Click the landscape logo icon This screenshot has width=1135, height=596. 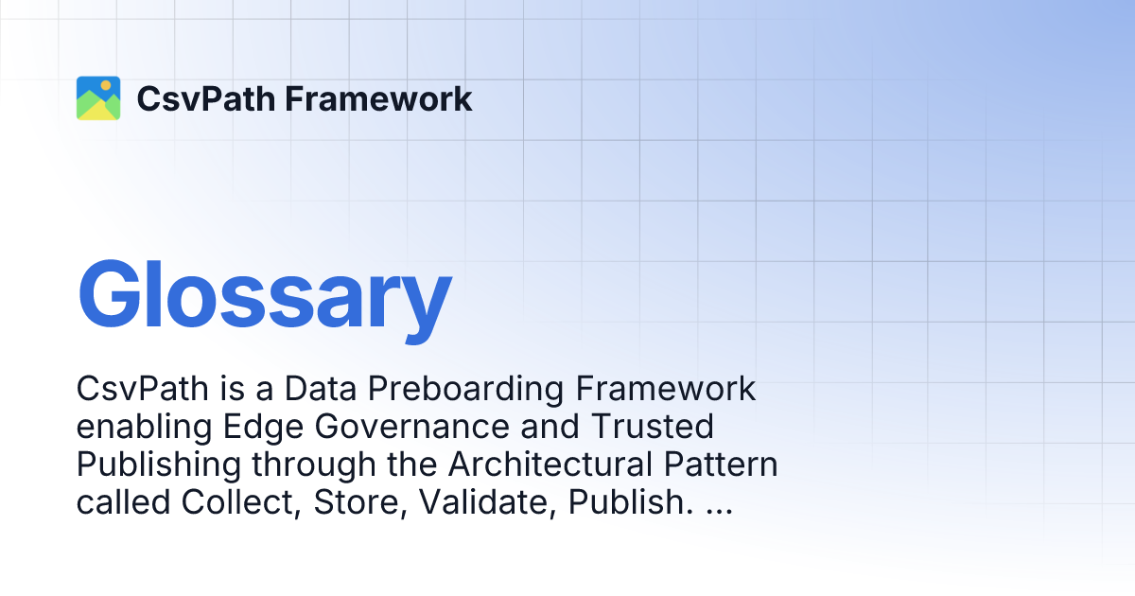pos(98,98)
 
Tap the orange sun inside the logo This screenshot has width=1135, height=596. pos(106,86)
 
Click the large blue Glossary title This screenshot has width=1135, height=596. pos(264,295)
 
